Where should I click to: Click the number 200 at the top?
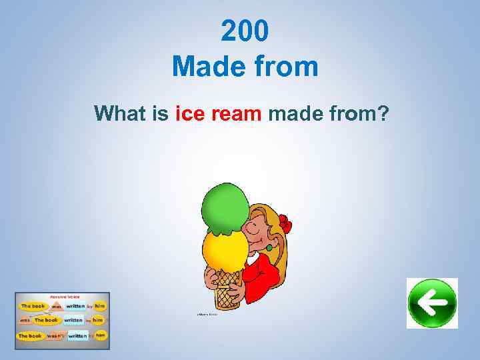[245, 30]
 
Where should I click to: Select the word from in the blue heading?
[287, 67]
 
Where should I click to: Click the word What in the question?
[121, 114]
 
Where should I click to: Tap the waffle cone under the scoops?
[227, 287]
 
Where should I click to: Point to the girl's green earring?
[270, 248]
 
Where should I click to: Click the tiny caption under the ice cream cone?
[207, 313]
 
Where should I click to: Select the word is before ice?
[160, 114]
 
